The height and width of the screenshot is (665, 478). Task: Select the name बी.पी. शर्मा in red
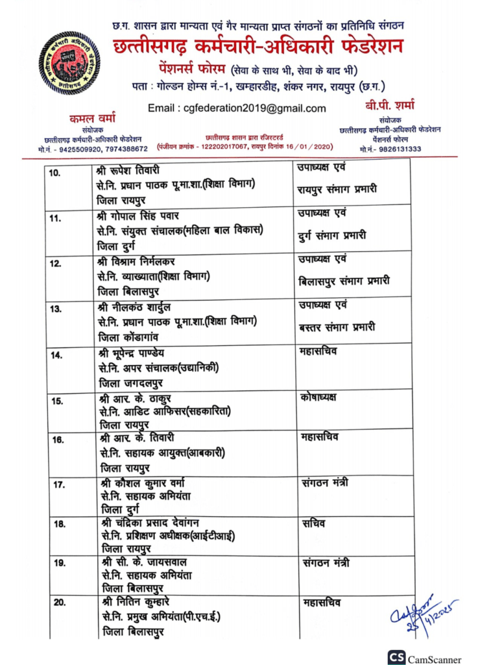coord(389,106)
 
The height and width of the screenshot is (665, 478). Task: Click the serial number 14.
coord(57,355)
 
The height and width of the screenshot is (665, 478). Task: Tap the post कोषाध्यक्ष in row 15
coord(318,397)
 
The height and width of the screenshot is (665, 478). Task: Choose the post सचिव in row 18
coord(314,523)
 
